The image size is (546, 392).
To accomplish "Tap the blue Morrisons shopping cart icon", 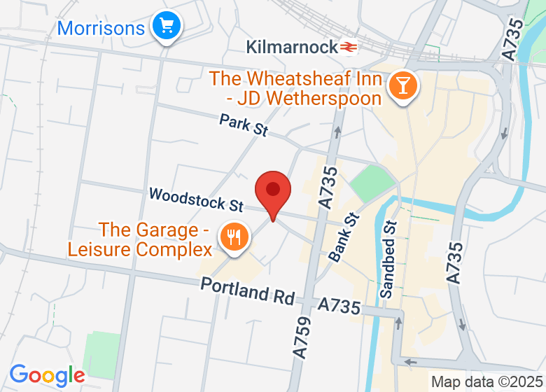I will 167,27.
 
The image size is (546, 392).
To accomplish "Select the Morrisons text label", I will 101,28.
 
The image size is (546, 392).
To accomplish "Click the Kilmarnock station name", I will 292,47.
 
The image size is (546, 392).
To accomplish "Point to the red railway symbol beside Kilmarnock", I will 349,47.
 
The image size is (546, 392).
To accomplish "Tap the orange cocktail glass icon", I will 403,86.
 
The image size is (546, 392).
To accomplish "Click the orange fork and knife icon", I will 234,237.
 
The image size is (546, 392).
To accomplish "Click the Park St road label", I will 244,125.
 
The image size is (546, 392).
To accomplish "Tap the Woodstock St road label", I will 196,199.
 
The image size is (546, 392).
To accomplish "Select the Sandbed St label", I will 388,259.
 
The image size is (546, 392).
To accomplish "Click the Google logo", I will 46,375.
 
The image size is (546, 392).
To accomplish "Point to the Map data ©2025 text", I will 486,382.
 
